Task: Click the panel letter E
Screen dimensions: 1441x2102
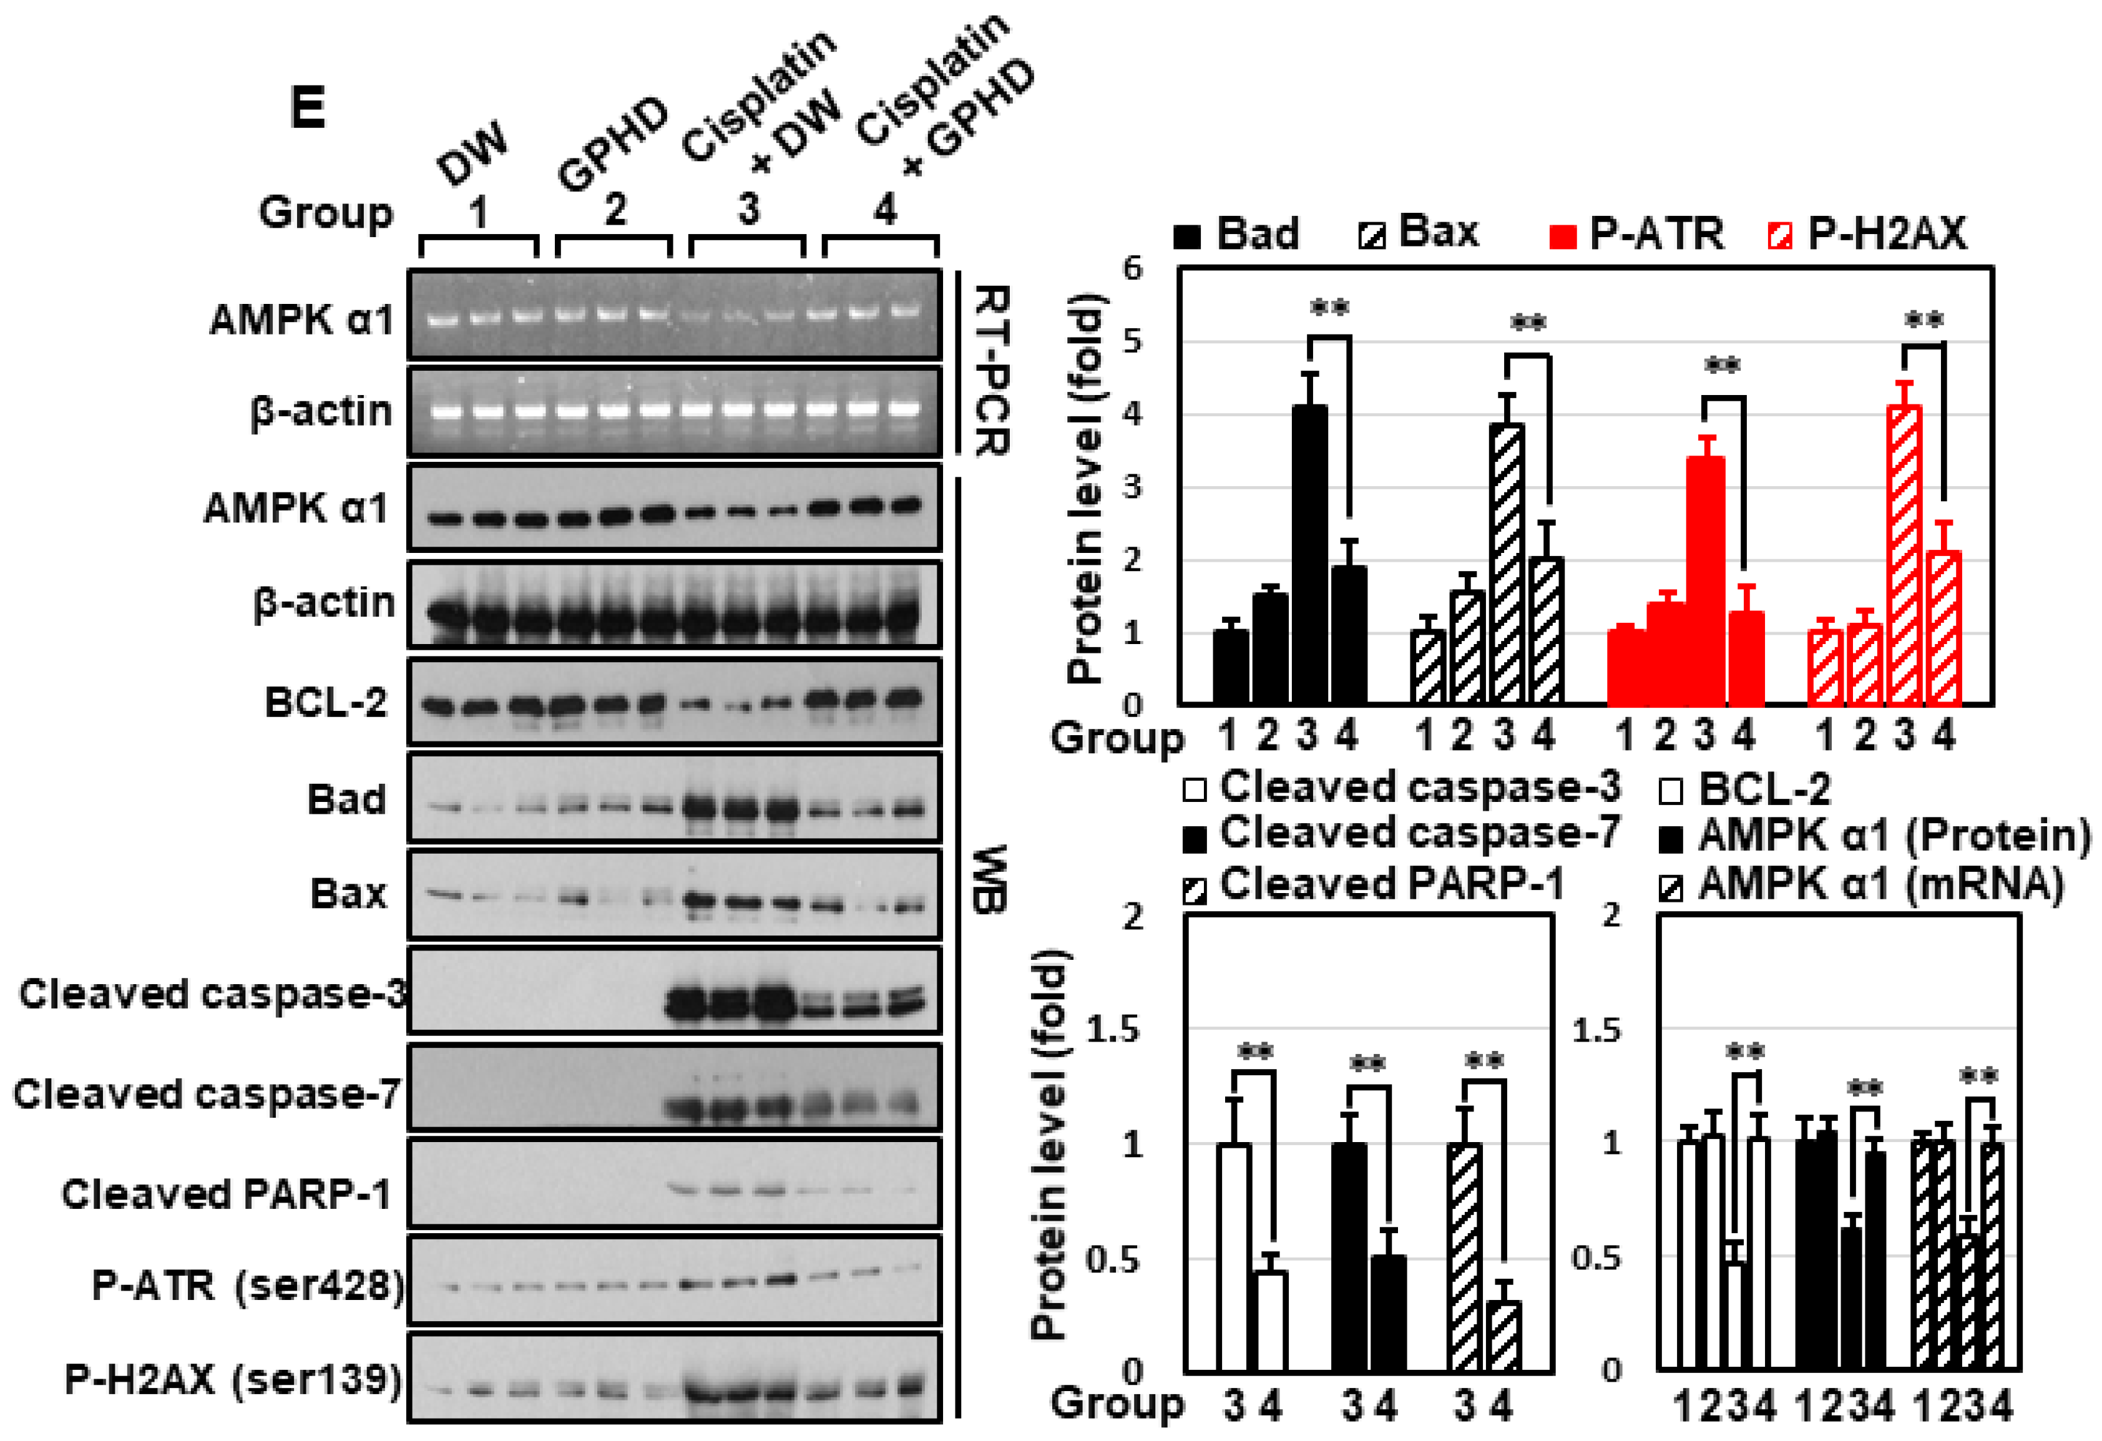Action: pyautogui.click(x=308, y=109)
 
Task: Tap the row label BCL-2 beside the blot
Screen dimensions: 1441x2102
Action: pyautogui.click(x=326, y=702)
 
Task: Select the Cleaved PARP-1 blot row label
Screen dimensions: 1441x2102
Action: pyautogui.click(x=226, y=1194)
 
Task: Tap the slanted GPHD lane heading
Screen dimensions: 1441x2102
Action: pyautogui.click(x=612, y=145)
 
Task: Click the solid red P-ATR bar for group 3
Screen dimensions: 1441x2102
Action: pyautogui.click(x=1706, y=580)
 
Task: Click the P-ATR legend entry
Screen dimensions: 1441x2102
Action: pyautogui.click(x=1637, y=234)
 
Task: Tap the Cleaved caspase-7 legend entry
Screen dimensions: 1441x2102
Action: pyautogui.click(x=1402, y=833)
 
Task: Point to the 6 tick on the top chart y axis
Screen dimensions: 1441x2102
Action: pyautogui.click(x=1132, y=268)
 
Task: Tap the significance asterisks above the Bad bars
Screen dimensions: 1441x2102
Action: pyautogui.click(x=1329, y=308)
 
